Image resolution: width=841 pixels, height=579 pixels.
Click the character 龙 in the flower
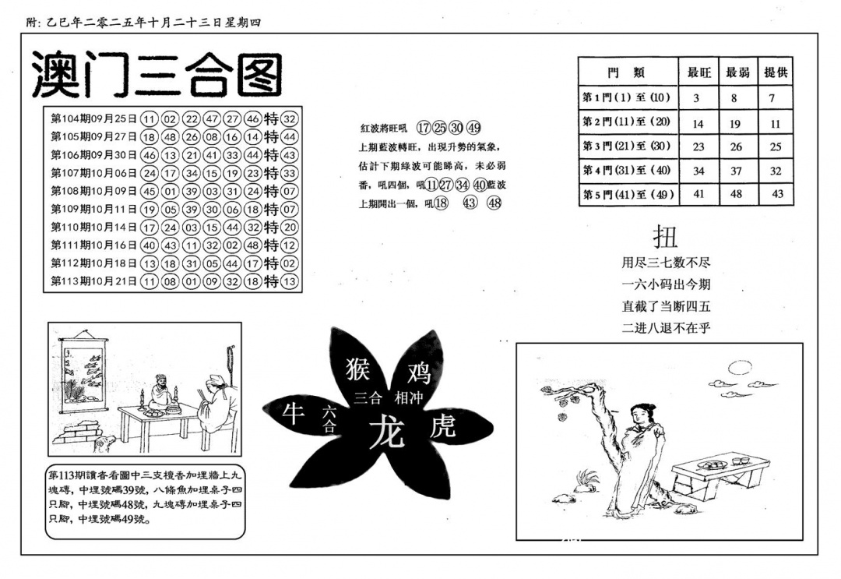387,431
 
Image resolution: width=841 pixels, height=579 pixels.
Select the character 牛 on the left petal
293,415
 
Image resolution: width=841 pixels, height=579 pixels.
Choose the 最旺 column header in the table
697,72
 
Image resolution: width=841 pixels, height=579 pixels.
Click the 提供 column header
775,72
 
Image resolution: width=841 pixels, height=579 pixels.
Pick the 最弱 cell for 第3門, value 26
736,147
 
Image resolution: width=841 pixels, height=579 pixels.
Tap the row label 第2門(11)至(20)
627,122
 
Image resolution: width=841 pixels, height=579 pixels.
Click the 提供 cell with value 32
775,171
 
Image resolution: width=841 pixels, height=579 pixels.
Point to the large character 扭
666,236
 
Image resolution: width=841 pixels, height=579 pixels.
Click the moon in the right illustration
737,366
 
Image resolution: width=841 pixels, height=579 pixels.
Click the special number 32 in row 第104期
290,119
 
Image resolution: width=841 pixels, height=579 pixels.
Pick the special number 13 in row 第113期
290,281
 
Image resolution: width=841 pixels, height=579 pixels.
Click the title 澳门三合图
157,76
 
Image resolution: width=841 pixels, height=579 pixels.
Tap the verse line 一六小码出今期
666,284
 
